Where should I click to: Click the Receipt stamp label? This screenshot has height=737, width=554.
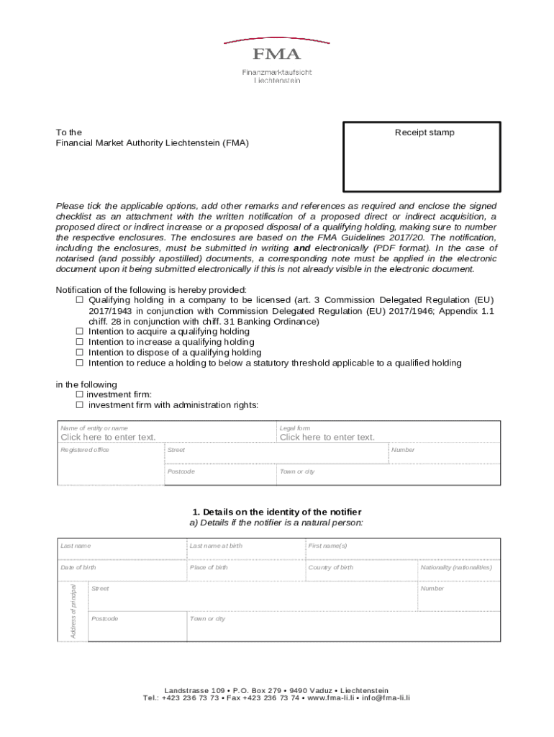424,132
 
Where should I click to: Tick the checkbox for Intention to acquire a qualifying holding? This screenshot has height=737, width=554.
80,332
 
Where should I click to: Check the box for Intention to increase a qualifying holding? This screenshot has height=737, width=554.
80,343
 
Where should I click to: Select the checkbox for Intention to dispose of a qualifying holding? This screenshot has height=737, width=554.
80,353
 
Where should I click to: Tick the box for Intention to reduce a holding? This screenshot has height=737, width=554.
80,363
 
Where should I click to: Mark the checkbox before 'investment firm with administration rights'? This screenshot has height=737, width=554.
79,405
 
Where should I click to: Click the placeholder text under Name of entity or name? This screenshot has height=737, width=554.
108,437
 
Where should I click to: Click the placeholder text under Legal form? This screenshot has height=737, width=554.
327,437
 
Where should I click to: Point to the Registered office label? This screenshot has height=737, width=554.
85,450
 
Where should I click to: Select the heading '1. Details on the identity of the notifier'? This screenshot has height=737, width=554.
277,512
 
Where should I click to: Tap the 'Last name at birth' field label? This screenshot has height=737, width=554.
216,546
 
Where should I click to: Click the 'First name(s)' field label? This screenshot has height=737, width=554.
327,546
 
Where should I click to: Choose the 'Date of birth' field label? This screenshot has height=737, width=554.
78,567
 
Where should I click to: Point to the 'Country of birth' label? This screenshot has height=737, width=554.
331,567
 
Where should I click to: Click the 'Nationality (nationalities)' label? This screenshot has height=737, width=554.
456,567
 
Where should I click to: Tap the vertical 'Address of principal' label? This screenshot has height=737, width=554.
73,611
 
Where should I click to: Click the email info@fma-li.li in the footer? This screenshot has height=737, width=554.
386,698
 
